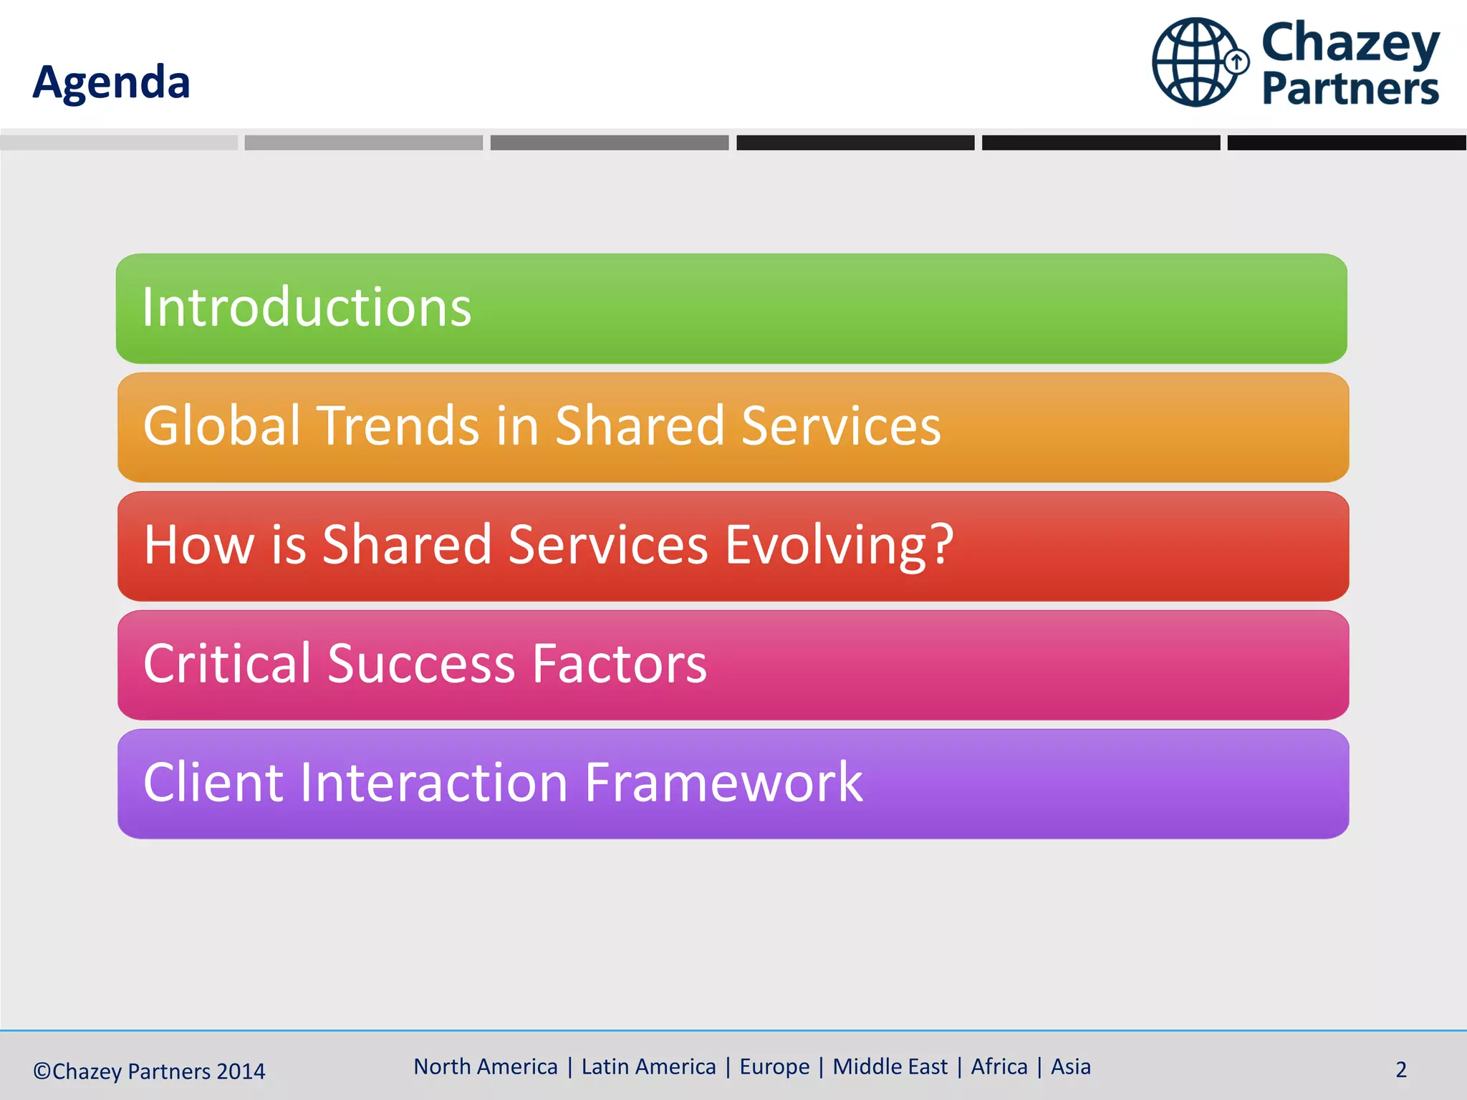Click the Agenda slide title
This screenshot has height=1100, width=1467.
pyautogui.click(x=112, y=82)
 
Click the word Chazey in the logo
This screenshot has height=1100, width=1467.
pyautogui.click(x=1350, y=43)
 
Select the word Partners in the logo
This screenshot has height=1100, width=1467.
pyautogui.click(x=1350, y=89)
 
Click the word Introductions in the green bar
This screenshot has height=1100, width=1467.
pyautogui.click(x=307, y=307)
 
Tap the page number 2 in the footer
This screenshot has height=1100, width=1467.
pyautogui.click(x=1401, y=1070)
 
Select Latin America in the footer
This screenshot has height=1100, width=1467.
pyautogui.click(x=648, y=1067)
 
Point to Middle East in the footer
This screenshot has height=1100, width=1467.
pyautogui.click(x=890, y=1067)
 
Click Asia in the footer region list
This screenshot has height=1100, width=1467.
pyautogui.click(x=1070, y=1067)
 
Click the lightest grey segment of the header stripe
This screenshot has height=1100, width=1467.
pyautogui.click(x=119, y=143)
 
